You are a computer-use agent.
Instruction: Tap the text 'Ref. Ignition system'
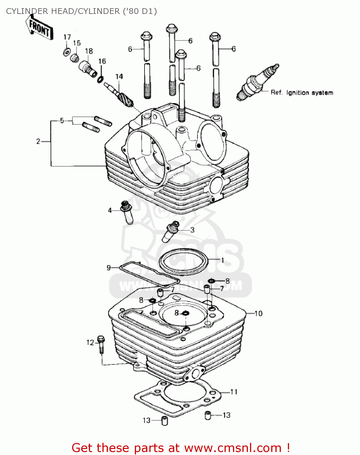(302, 93)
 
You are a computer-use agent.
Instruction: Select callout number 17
(67, 37)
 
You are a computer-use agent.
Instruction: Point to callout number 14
(119, 76)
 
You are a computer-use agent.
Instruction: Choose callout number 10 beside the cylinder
(258, 313)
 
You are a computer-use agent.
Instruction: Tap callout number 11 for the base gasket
(234, 392)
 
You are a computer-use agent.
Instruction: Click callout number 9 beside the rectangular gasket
(108, 268)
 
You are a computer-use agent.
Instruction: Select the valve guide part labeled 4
(127, 212)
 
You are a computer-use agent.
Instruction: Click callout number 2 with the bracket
(38, 141)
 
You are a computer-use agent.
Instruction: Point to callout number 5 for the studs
(62, 121)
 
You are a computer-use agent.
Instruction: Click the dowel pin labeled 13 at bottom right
(208, 415)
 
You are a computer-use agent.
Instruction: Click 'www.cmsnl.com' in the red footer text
(232, 448)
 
